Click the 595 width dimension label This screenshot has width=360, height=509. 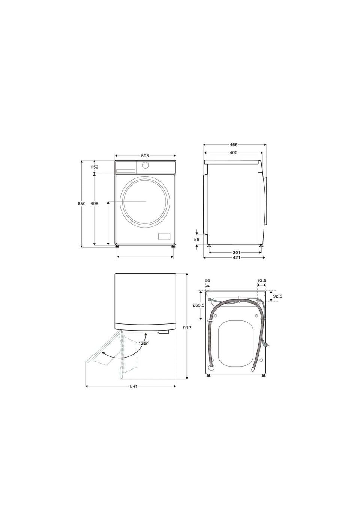tap(145, 156)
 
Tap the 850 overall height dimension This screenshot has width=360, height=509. tap(82, 204)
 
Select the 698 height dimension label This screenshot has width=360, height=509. tap(94, 204)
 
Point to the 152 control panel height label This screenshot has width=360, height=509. tap(94, 167)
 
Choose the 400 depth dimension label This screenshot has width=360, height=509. tap(233, 153)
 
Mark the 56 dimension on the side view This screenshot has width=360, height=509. tap(197, 240)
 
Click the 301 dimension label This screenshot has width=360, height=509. tap(236, 253)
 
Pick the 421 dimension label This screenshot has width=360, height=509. tap(236, 257)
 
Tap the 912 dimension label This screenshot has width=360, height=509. tap(187, 328)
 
